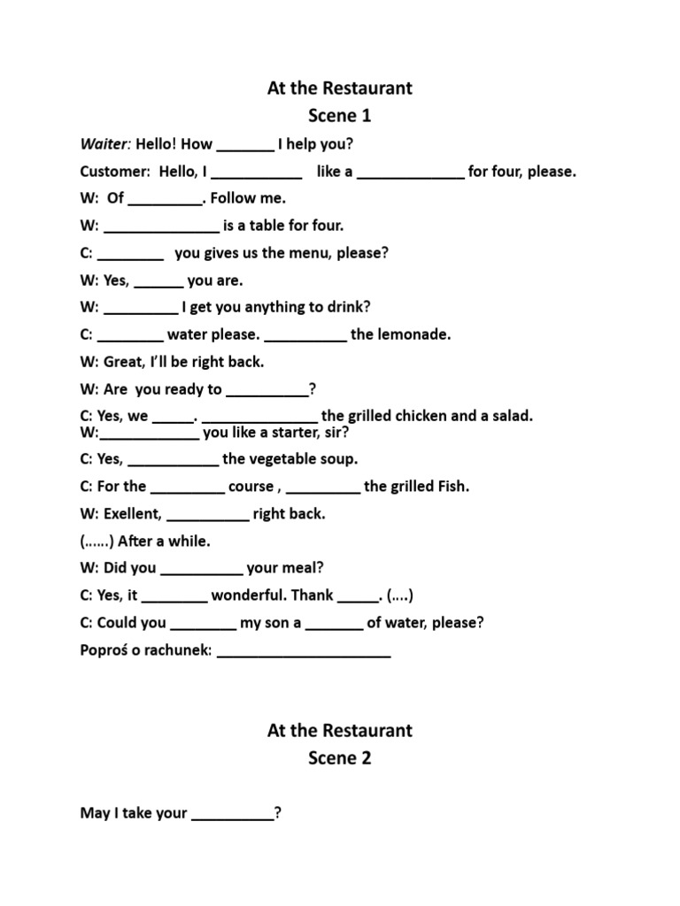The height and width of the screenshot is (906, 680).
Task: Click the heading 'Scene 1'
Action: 339,116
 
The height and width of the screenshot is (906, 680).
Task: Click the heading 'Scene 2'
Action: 339,758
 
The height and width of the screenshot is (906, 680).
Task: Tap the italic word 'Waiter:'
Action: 105,144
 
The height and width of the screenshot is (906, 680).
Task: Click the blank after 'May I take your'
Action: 232,814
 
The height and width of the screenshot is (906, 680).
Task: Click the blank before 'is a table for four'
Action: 161,226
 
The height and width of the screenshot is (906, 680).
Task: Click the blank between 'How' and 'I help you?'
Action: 245,145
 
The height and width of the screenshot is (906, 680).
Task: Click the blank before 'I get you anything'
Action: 141,308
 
